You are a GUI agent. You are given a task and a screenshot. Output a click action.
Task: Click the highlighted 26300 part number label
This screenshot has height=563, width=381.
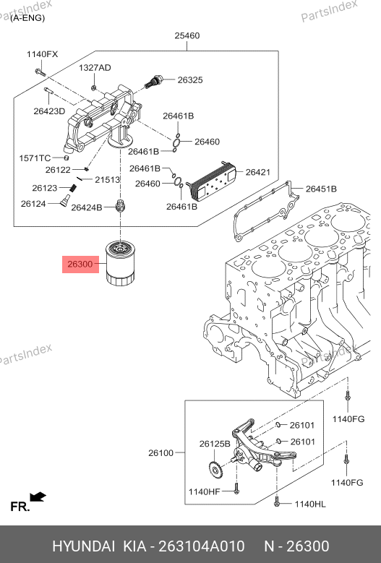(x=80, y=265)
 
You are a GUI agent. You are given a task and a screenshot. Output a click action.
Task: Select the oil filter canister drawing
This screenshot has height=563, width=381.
(x=120, y=263)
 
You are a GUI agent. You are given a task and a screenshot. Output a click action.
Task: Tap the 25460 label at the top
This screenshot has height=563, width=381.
(x=187, y=35)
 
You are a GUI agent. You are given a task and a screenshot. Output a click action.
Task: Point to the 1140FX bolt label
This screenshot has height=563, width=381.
(x=42, y=54)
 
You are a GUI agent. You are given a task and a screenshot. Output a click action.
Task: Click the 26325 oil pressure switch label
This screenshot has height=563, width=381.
(x=190, y=79)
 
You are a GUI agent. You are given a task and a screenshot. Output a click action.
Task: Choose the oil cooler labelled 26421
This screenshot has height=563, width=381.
(x=211, y=181)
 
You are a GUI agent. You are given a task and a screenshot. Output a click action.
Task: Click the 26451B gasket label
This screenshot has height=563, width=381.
(x=321, y=189)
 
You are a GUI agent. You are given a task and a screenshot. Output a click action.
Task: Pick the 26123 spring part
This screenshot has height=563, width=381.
(x=73, y=188)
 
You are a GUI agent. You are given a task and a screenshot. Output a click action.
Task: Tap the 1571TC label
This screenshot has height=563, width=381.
(x=35, y=158)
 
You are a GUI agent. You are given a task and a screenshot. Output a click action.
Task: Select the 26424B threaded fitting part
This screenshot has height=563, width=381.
(x=119, y=206)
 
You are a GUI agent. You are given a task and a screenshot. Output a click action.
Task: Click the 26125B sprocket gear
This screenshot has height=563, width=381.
(x=215, y=469)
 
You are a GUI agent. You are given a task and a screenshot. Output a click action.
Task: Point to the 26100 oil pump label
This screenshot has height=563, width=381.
(x=161, y=453)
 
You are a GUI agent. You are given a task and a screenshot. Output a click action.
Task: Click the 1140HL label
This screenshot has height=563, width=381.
(x=310, y=504)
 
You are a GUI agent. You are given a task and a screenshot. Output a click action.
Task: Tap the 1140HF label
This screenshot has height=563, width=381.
(x=205, y=491)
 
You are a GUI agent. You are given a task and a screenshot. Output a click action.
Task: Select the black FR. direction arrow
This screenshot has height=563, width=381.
(x=38, y=497)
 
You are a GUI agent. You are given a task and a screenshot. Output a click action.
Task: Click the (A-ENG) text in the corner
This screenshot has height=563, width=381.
(x=27, y=18)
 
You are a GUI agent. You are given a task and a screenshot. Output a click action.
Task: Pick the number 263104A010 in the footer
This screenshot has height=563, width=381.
(x=202, y=546)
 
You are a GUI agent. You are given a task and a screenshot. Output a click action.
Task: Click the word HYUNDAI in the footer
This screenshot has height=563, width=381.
(x=84, y=546)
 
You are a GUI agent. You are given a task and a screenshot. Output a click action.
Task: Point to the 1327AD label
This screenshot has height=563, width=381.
(x=95, y=67)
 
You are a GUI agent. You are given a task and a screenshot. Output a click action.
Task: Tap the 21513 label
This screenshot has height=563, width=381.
(x=108, y=179)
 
